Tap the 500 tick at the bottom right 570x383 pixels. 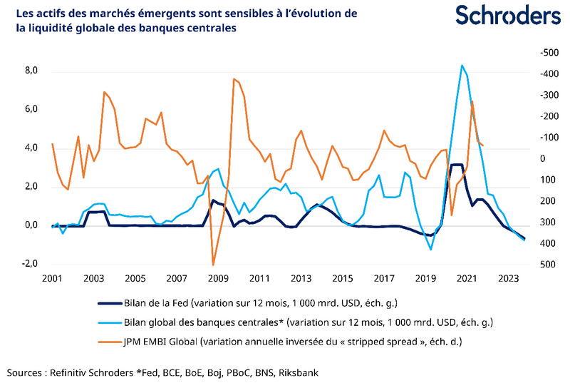click(x=527, y=265)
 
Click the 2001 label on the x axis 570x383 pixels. click(x=53, y=277)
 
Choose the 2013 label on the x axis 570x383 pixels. click(x=301, y=277)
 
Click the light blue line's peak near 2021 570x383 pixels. click(x=462, y=66)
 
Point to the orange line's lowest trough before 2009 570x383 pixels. click(x=213, y=265)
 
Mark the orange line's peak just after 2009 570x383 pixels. click(x=234, y=79)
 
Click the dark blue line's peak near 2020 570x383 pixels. click(x=457, y=165)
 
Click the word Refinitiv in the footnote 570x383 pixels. click(x=73, y=372)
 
